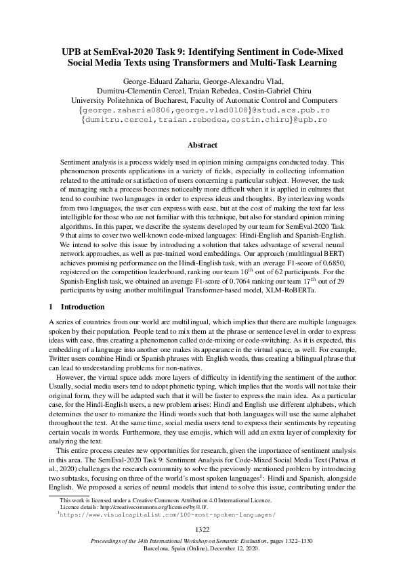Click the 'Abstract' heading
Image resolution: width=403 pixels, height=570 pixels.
point(202,146)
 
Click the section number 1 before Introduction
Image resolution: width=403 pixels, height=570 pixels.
point(53,306)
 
